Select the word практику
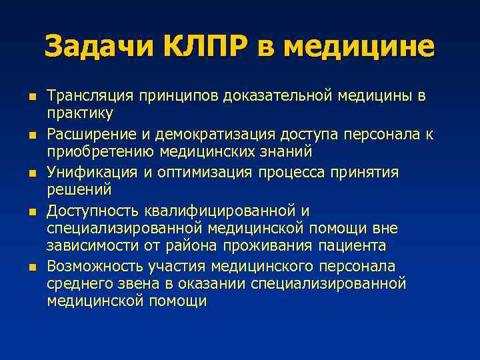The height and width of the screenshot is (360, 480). coord(81,113)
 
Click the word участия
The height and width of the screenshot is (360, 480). coord(173,267)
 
